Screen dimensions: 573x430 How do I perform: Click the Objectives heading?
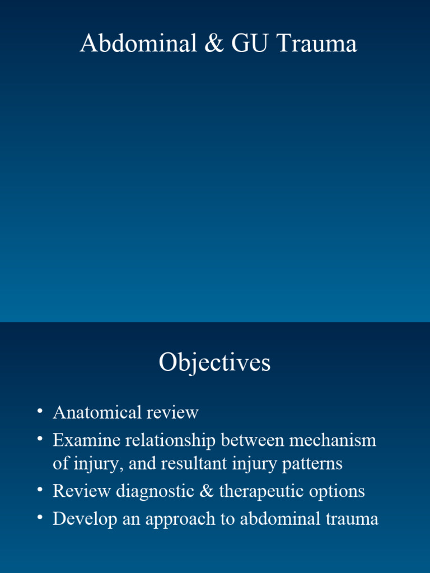tap(214, 363)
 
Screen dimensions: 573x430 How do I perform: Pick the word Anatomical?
tap(97, 413)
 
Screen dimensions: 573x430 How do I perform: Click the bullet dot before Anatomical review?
tap(40, 412)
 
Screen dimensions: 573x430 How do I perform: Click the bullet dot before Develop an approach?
tap(40, 518)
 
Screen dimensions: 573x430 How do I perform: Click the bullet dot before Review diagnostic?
tap(40, 490)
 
